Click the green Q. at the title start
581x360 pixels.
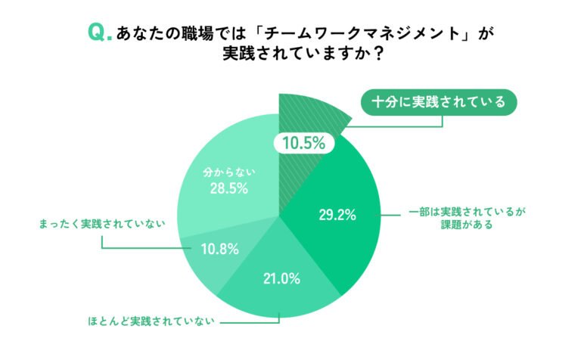point(100,33)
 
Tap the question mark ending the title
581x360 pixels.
point(378,54)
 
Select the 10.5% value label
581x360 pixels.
point(304,143)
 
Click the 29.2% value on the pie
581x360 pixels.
point(337,215)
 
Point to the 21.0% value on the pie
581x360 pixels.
point(281,278)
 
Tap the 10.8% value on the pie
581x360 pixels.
point(219,250)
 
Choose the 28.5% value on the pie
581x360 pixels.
point(229,188)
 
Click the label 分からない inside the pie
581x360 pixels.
point(229,172)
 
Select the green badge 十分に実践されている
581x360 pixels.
point(439,102)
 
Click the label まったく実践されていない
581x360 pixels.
point(102,224)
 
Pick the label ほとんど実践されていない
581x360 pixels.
point(151,321)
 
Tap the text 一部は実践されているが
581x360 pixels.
point(467,212)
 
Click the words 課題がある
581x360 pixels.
point(467,225)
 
